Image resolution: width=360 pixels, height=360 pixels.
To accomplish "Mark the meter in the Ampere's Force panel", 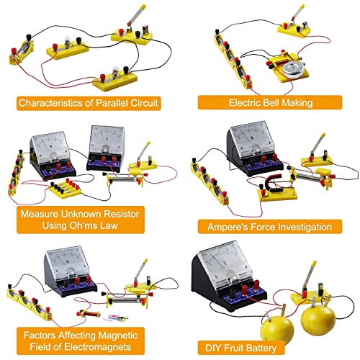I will (x=253, y=140).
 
